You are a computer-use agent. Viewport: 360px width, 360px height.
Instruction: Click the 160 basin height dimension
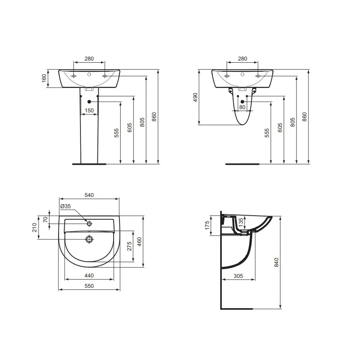point(44,78)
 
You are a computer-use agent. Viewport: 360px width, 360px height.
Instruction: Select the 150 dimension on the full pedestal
point(89,110)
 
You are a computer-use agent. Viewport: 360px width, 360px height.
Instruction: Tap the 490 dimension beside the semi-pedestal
point(195,97)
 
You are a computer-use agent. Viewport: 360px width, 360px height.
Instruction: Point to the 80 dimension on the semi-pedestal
point(243,107)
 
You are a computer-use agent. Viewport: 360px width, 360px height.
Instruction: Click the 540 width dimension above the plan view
point(89,195)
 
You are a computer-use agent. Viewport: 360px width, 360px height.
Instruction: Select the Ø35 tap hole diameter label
point(66,206)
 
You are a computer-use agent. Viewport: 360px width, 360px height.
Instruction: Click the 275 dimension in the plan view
point(129,246)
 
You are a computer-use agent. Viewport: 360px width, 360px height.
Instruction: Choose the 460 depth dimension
point(140,241)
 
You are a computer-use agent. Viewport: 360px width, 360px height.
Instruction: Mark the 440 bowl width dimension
point(89,275)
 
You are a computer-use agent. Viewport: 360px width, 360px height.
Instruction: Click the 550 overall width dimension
point(89,286)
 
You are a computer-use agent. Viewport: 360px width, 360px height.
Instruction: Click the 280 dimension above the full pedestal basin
point(89,59)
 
